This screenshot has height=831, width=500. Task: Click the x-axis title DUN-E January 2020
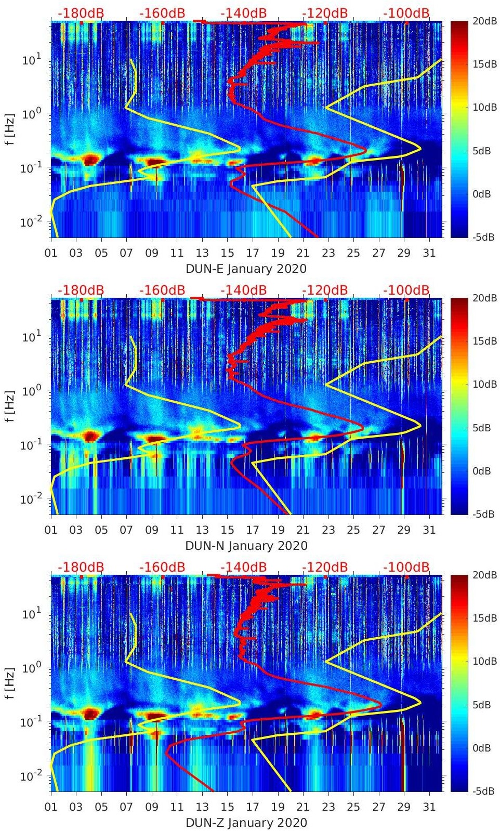[246, 269]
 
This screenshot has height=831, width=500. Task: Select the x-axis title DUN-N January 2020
[246, 546]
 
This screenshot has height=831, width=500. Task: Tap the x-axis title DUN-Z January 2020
[246, 823]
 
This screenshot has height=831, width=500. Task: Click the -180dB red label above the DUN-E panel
[81, 13]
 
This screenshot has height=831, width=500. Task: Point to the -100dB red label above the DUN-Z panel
[406, 567]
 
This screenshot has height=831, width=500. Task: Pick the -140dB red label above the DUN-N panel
[244, 290]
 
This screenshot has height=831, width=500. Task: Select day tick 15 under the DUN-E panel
[227, 253]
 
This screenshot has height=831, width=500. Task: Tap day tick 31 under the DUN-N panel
[429, 530]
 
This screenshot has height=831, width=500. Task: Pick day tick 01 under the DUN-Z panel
[51, 807]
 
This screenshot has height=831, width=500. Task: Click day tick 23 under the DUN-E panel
[328, 253]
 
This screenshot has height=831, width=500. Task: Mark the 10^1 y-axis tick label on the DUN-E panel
[32, 60]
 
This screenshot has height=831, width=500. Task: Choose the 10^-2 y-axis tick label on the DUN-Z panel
[30, 776]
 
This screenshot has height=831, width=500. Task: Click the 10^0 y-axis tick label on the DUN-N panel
[32, 391]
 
